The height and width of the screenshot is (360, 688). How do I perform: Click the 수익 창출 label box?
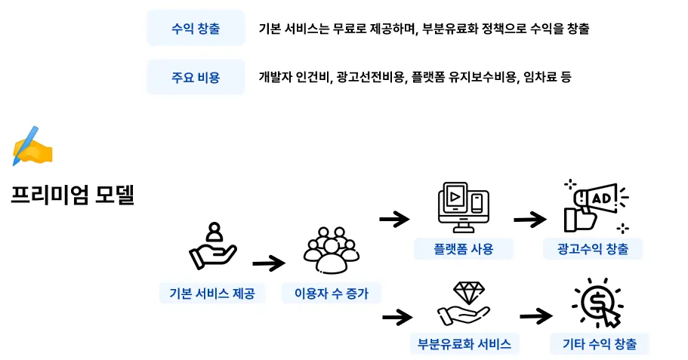[196, 29]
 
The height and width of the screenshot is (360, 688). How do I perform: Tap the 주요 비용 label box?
[196, 77]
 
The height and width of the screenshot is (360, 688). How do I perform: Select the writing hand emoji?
[32, 146]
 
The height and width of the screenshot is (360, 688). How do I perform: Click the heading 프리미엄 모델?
[73, 195]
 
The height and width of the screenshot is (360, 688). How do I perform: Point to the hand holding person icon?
[212, 248]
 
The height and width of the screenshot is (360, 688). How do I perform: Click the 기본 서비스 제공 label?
[212, 294]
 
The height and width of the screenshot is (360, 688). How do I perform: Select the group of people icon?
[330, 249]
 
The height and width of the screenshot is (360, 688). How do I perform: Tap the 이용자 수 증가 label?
[331, 294]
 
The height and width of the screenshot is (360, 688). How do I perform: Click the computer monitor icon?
[462, 205]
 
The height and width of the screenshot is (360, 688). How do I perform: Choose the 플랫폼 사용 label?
[464, 249]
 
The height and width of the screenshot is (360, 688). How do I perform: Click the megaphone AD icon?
[596, 205]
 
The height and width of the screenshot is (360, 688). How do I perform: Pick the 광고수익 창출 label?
[592, 249]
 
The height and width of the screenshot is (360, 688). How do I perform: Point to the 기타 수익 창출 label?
[600, 344]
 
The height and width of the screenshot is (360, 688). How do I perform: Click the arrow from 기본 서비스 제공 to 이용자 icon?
[269, 263]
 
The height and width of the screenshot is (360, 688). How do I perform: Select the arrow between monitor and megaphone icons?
[529, 219]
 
